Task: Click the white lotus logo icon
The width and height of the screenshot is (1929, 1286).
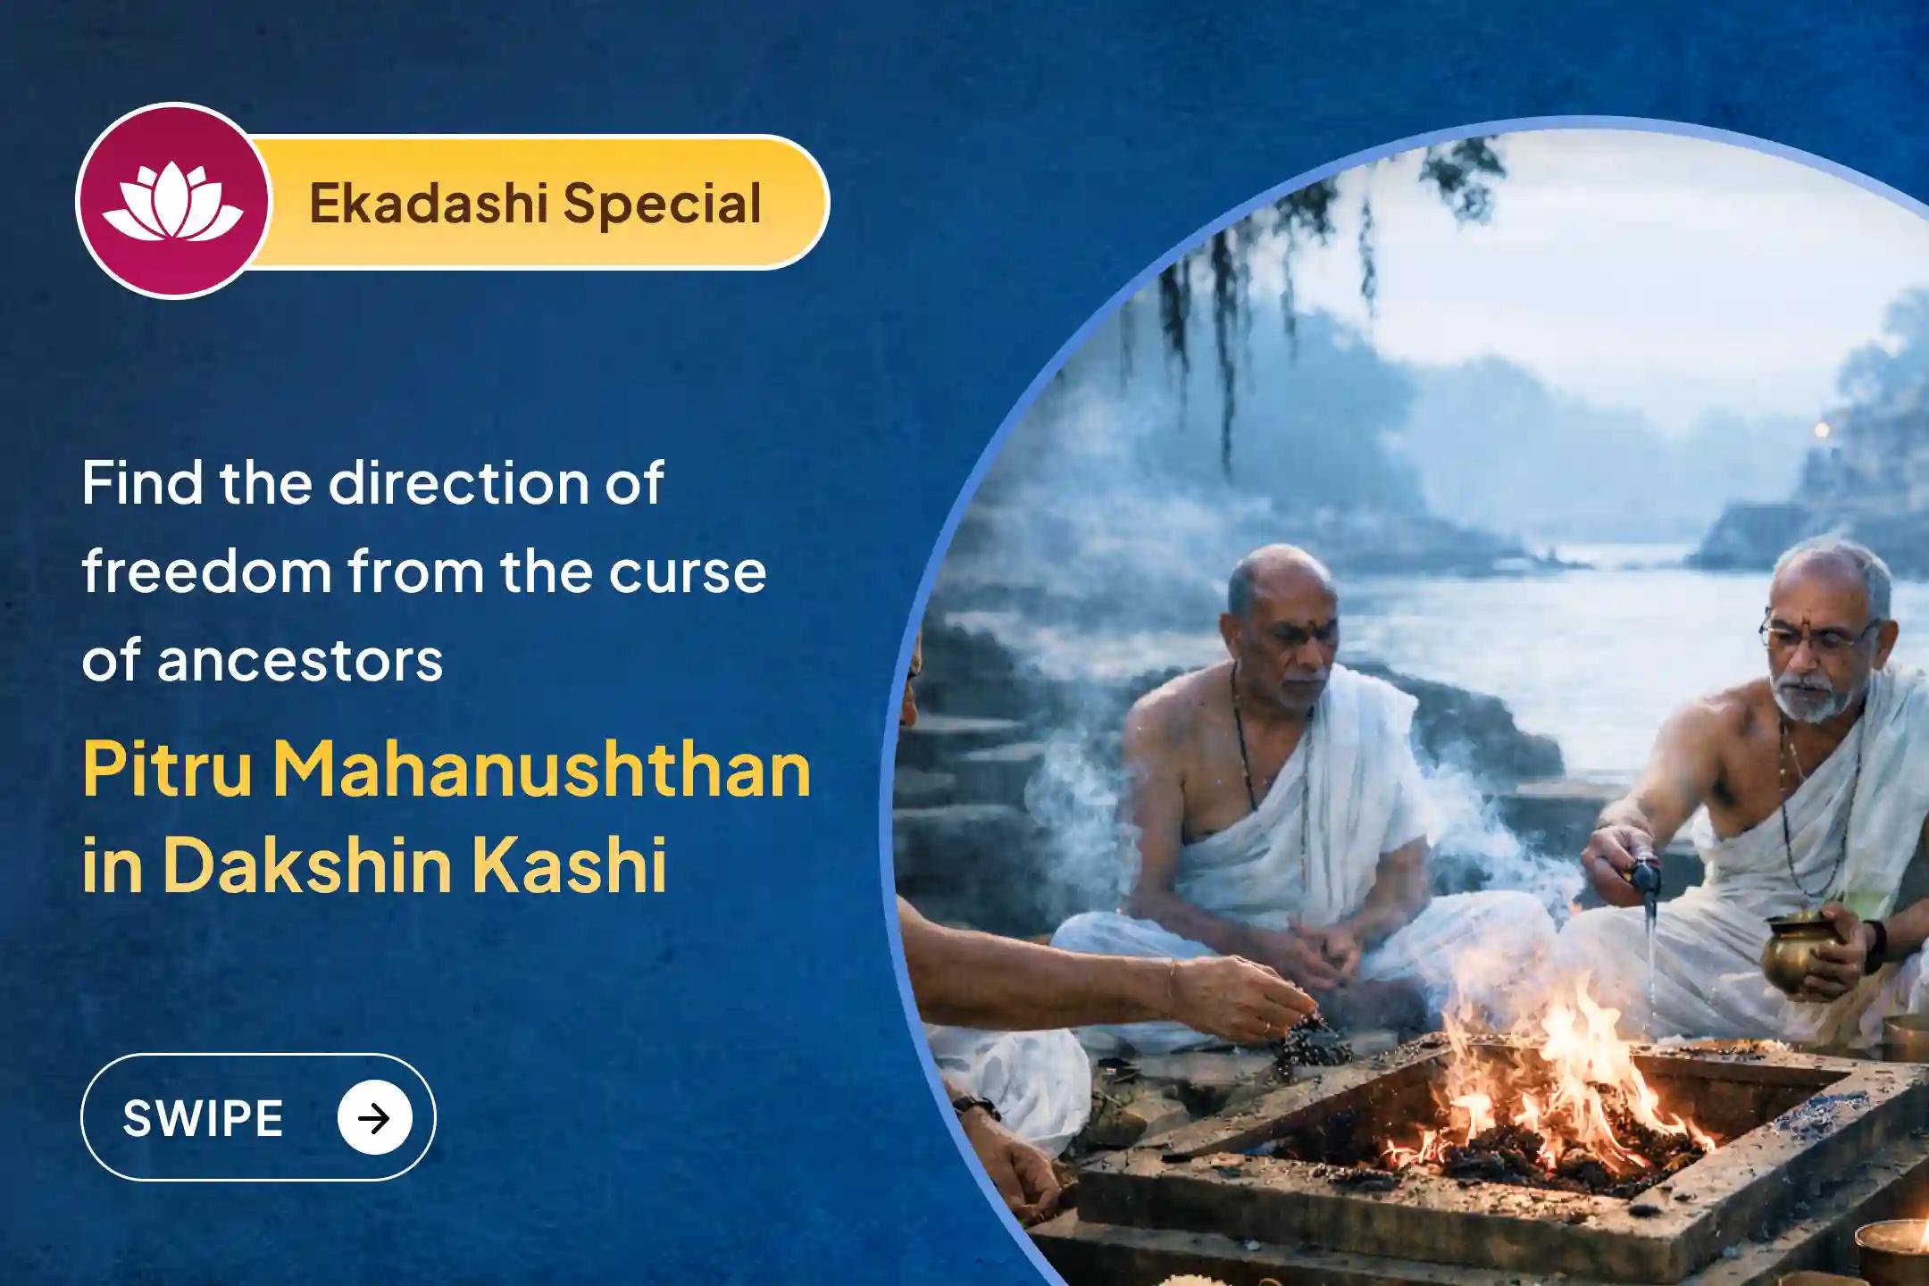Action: click(172, 204)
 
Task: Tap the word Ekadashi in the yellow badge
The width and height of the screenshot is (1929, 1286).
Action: click(428, 203)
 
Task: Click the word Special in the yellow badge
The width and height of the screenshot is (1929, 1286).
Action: click(662, 205)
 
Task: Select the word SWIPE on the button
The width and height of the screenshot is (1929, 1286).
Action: click(203, 1118)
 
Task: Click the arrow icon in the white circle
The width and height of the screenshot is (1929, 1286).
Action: click(375, 1118)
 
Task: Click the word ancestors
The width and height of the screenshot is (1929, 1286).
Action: click(300, 662)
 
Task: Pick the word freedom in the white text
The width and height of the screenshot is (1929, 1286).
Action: click(206, 572)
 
